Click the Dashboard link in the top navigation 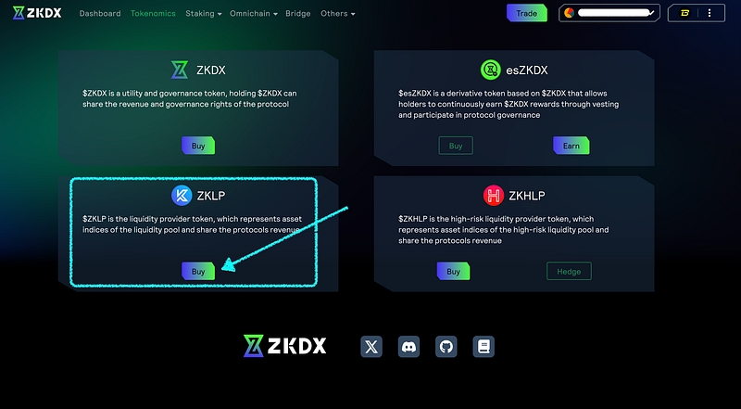pos(100,14)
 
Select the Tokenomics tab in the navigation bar pos(153,14)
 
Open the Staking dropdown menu pos(203,14)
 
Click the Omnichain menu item pos(253,14)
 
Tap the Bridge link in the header pos(298,14)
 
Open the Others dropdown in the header pos(337,14)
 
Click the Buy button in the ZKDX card pos(198,146)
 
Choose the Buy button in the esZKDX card pos(456,146)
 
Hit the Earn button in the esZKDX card pos(571,146)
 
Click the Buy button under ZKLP pos(198,272)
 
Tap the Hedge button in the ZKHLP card pos(569,272)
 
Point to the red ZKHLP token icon pos(493,195)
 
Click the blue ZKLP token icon pos(182,195)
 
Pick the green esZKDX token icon pos(491,69)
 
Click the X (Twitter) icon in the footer pos(371,347)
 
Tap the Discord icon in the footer pos(408,347)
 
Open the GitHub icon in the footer pos(446,347)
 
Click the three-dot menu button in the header pos(710,13)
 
